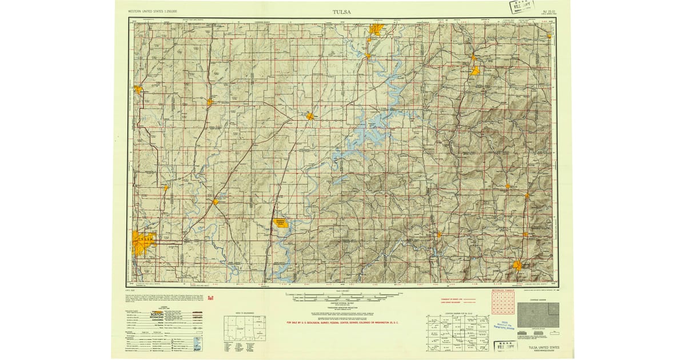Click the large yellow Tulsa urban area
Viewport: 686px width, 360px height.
[x=142, y=242]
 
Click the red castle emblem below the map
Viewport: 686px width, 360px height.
[x=210, y=297]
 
